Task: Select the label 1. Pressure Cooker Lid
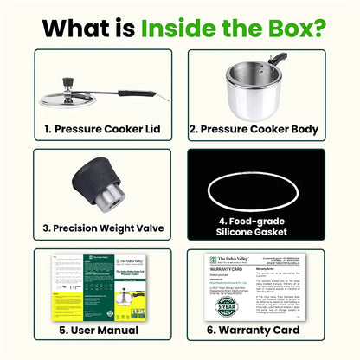point(102,130)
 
